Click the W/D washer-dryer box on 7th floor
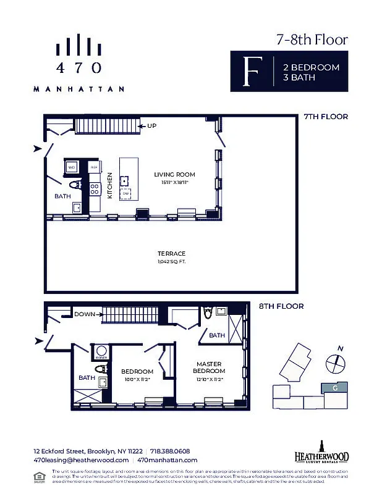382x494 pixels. pyautogui.click(x=72, y=167)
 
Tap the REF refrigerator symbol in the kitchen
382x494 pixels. pyautogui.click(x=95, y=167)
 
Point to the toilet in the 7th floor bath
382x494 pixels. pyautogui.click(x=74, y=184)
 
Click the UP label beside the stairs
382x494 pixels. pyautogui.click(x=151, y=126)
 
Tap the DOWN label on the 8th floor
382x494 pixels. pyautogui.click(x=84, y=314)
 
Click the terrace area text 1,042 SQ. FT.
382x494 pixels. pyautogui.click(x=171, y=262)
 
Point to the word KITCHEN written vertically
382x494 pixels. pyautogui.click(x=109, y=184)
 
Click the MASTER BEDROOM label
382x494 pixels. pyautogui.click(x=208, y=367)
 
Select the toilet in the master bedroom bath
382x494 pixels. pyautogui.click(x=208, y=314)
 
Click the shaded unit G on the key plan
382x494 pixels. pyautogui.click(x=334, y=388)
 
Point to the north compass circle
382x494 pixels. pyautogui.click(x=334, y=364)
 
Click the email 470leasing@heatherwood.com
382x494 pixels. pyautogui.click(x=80, y=460)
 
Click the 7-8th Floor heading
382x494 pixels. pyautogui.click(x=312, y=40)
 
